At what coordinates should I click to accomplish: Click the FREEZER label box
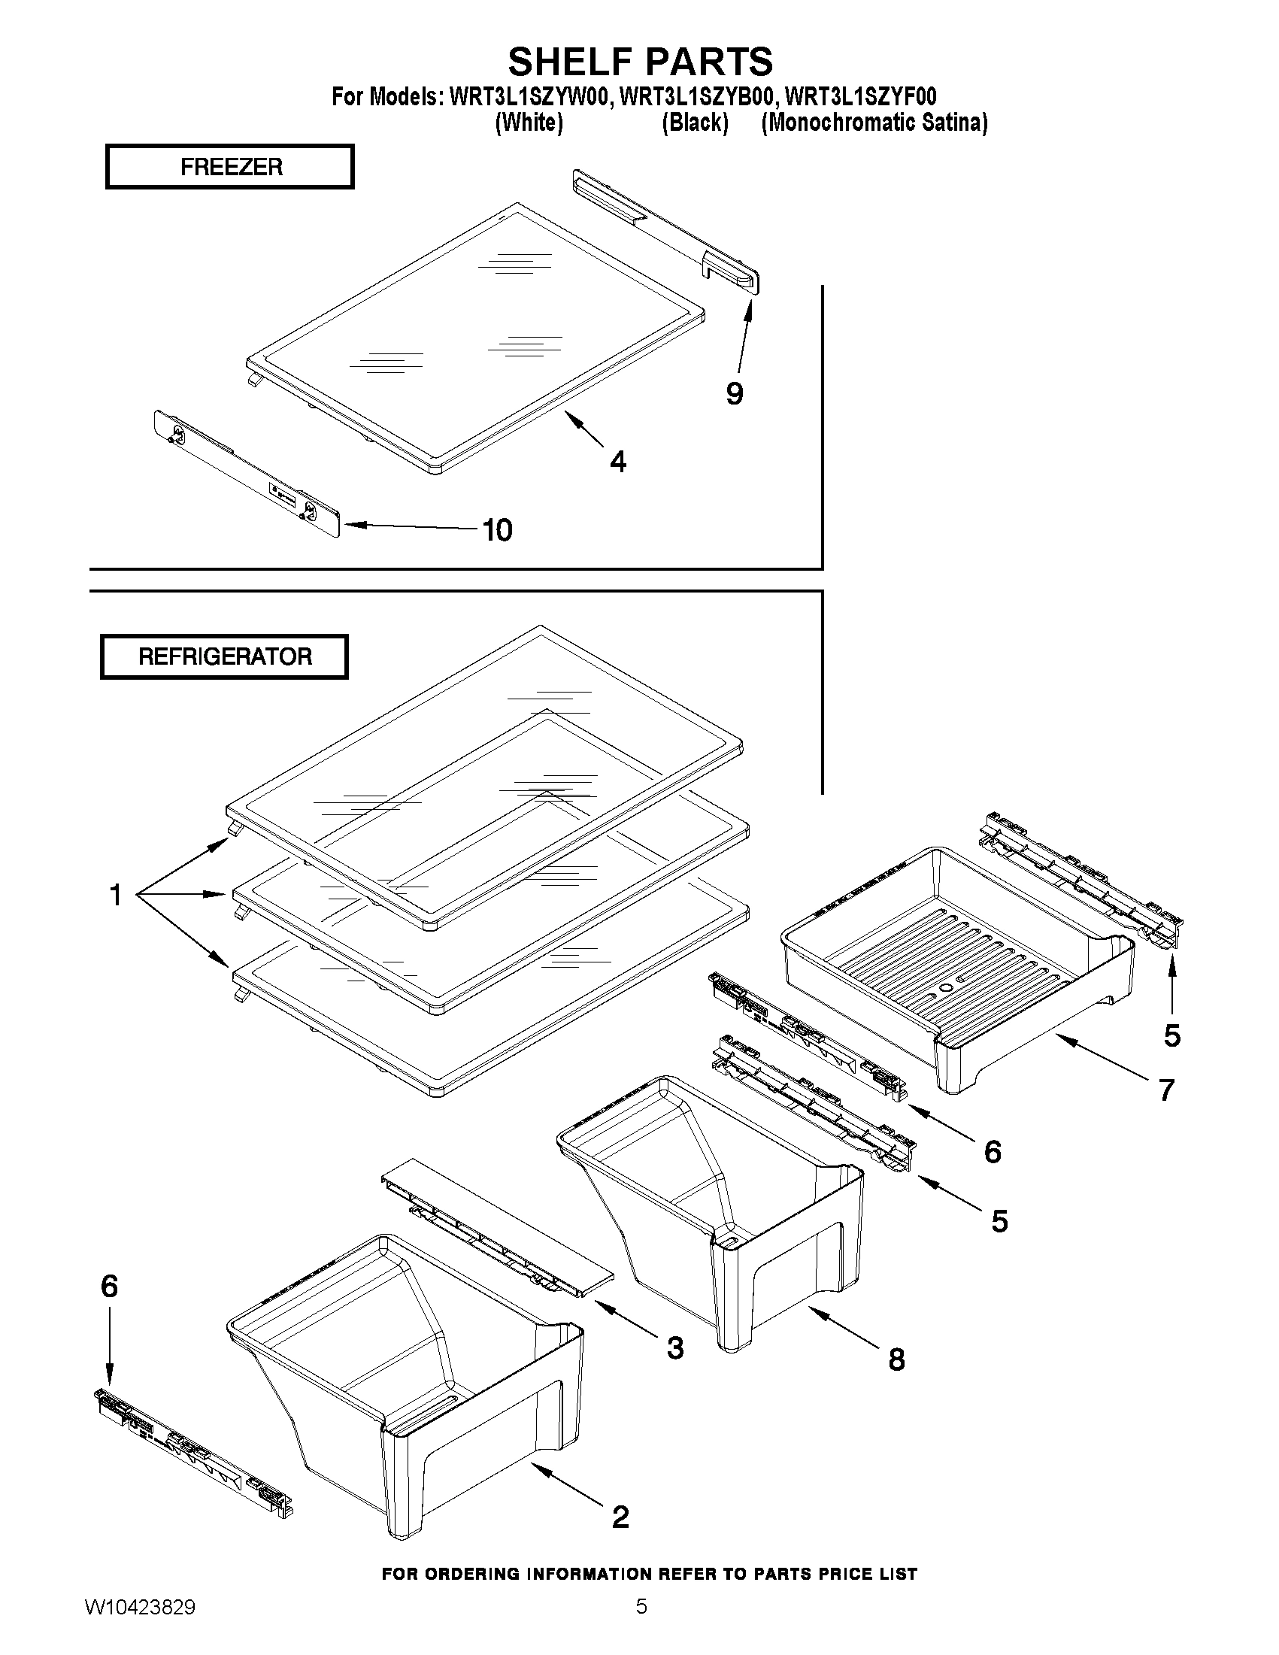(229, 167)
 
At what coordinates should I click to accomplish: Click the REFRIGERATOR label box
(224, 656)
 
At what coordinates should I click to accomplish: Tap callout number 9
(734, 394)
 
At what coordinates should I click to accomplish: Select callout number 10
(497, 530)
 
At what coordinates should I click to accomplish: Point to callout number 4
(618, 462)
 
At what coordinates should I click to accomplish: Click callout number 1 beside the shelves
(115, 896)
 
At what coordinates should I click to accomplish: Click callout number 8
(896, 1359)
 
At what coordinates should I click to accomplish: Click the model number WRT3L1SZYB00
(697, 97)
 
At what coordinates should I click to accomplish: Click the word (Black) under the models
(695, 123)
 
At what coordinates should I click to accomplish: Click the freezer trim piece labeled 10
(247, 474)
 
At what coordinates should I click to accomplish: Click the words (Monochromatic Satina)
(874, 123)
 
